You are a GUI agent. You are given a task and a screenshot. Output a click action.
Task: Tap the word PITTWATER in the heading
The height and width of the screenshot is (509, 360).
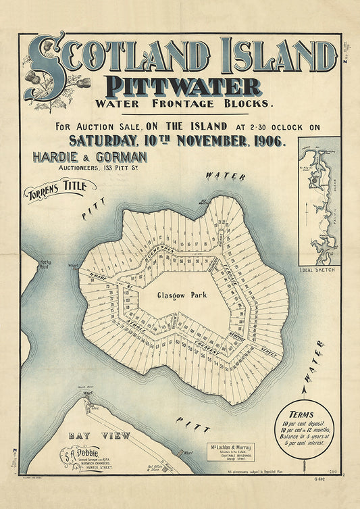pyautogui.click(x=182, y=87)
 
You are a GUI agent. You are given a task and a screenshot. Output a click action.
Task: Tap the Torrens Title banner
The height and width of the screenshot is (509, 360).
pyautogui.click(x=59, y=192)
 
